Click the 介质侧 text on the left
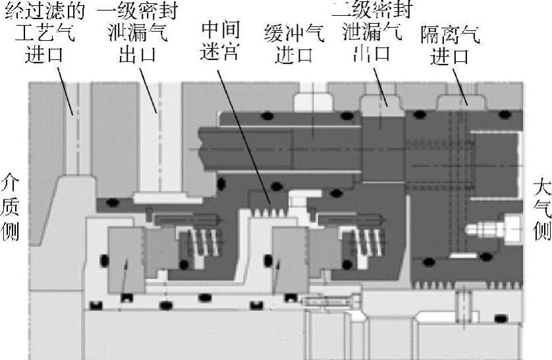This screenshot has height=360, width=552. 11,207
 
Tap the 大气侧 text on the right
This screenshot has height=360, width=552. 541,207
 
